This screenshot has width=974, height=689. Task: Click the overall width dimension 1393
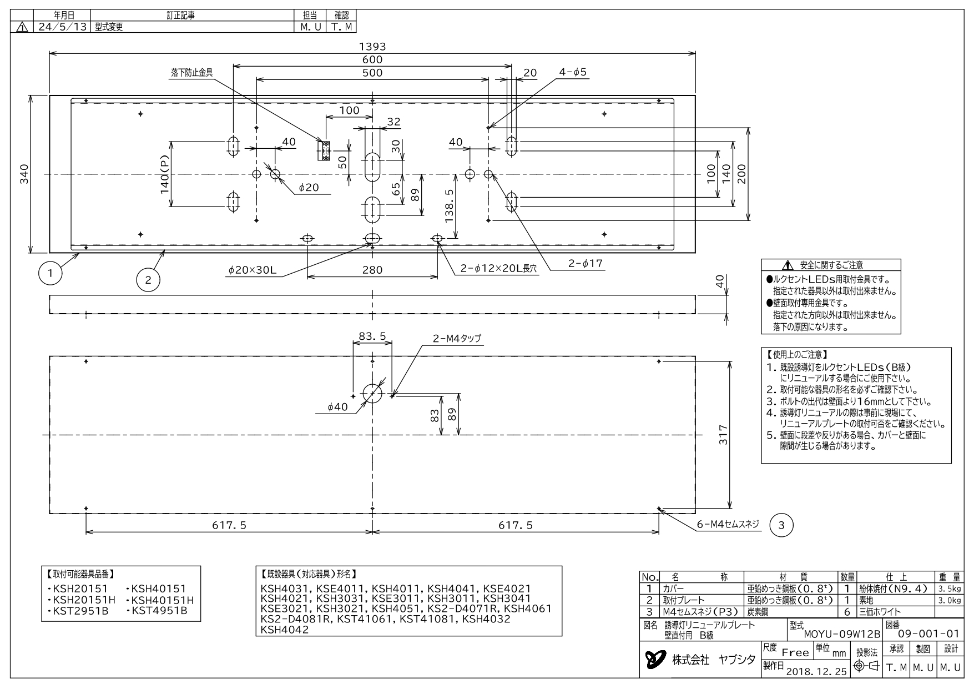pyautogui.click(x=372, y=47)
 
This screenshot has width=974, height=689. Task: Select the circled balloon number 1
pyautogui.click(x=51, y=273)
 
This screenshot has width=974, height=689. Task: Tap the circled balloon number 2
pyautogui.click(x=148, y=280)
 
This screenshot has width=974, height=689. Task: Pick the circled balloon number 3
pyautogui.click(x=781, y=525)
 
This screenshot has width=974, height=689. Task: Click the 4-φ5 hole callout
pyautogui.click(x=573, y=73)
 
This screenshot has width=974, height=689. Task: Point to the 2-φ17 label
pyautogui.click(x=585, y=264)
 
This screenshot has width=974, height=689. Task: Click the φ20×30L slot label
pyautogui.click(x=253, y=270)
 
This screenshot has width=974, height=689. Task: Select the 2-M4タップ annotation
pyautogui.click(x=457, y=338)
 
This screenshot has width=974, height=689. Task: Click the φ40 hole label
pyautogui.click(x=338, y=407)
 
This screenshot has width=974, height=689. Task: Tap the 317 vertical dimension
pyautogui.click(x=723, y=435)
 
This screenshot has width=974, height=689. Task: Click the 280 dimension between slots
pyautogui.click(x=372, y=270)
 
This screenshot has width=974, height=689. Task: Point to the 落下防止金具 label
pyautogui.click(x=192, y=72)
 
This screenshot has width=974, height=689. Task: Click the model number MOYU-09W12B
pyautogui.click(x=842, y=634)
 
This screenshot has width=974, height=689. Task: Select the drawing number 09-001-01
pyautogui.click(x=929, y=633)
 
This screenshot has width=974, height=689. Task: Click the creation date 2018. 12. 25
pyautogui.click(x=816, y=671)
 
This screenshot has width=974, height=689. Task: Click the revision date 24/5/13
pyautogui.click(x=62, y=27)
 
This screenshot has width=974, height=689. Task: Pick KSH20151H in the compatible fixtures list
pyautogui.click(x=82, y=600)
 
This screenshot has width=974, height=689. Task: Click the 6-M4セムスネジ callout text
pyautogui.click(x=728, y=524)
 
